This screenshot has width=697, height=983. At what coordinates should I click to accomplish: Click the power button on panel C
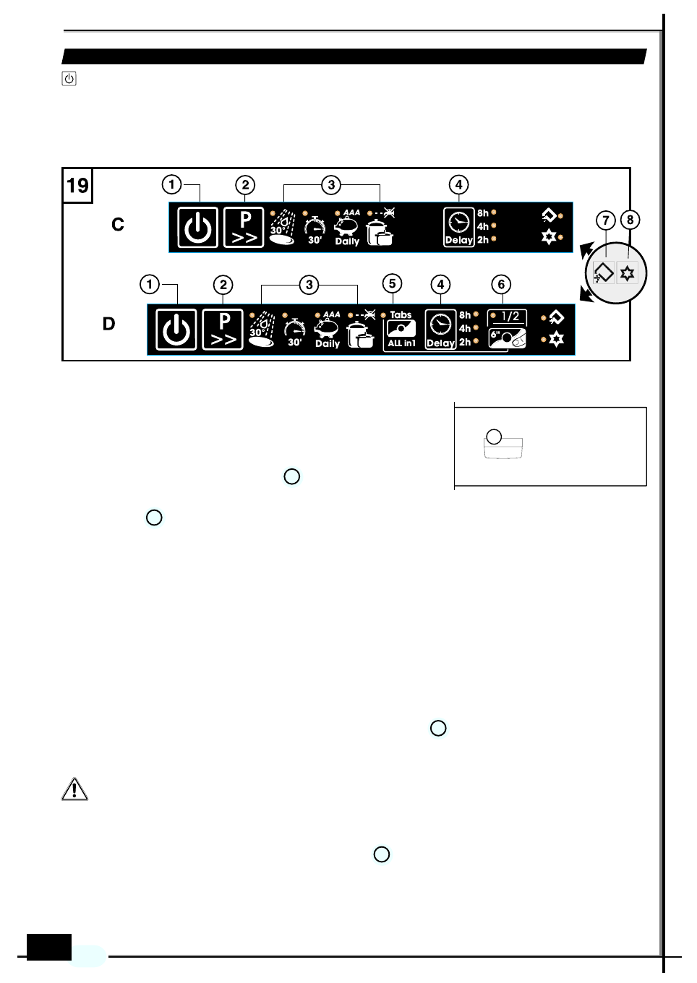197,228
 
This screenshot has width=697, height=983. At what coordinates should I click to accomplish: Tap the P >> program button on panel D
223,330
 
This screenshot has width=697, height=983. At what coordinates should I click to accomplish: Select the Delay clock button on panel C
458,228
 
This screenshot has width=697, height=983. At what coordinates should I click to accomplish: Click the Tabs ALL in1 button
401,330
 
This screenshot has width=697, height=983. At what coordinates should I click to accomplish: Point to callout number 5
392,283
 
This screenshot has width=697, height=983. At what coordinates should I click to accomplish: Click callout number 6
501,285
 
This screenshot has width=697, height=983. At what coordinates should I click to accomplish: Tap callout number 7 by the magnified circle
606,220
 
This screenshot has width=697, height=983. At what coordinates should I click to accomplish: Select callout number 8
630,220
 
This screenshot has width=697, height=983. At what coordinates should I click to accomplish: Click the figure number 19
77,186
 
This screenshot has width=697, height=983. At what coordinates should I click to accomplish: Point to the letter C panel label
118,225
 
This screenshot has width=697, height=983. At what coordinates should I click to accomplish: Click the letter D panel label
109,324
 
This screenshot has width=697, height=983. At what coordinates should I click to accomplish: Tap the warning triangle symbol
74,789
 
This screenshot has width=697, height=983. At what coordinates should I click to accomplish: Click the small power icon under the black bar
69,79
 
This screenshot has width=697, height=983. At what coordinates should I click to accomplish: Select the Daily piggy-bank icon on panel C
347,227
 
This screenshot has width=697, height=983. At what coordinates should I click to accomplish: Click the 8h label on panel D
465,315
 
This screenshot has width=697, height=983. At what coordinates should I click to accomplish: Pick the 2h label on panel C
482,240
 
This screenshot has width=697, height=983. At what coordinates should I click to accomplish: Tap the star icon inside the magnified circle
627,273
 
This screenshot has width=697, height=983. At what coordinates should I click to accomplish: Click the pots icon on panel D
359,335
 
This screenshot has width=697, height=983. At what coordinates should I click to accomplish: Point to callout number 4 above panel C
458,185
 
